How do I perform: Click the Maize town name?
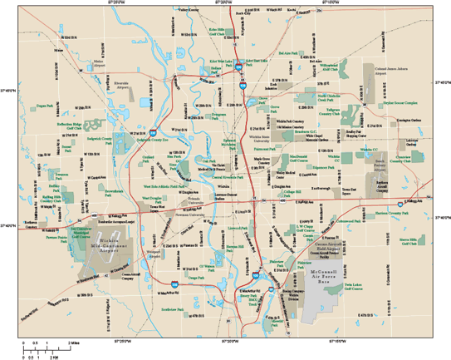click(58, 49)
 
